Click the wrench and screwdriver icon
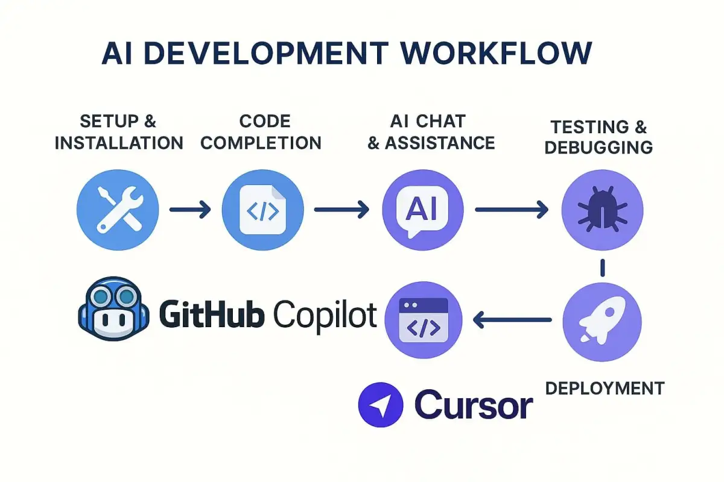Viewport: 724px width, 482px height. (x=118, y=209)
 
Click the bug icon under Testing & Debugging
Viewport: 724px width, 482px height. (x=602, y=209)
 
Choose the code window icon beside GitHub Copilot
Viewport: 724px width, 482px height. (x=423, y=319)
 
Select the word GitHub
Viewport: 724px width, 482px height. (x=211, y=313)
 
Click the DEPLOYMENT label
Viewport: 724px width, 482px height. (x=605, y=388)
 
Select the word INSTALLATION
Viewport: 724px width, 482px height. (x=119, y=143)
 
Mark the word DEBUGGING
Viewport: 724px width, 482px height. (x=599, y=147)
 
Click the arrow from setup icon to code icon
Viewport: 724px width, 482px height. (x=190, y=210)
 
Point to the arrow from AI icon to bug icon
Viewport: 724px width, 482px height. (x=512, y=210)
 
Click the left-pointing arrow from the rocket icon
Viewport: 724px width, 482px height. (x=513, y=320)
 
